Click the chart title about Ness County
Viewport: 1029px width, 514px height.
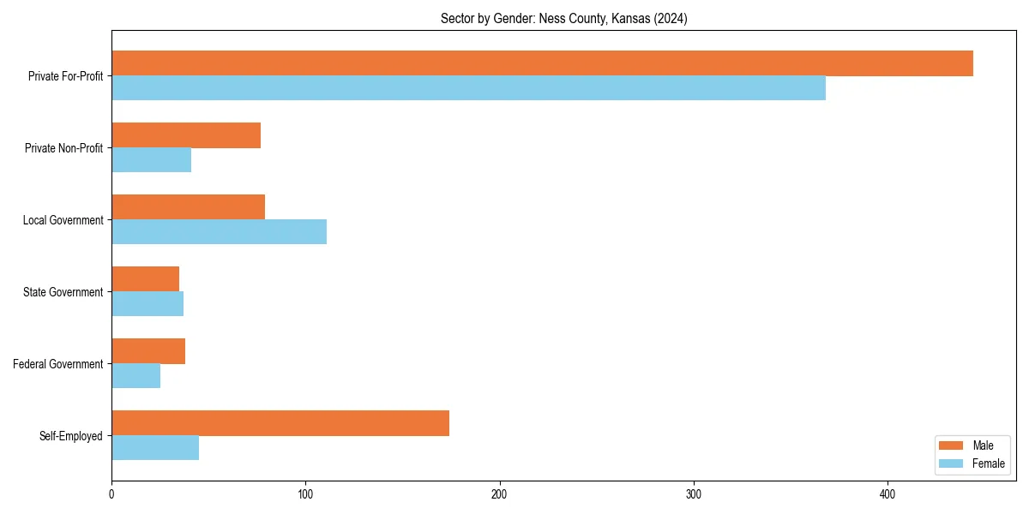tap(563, 18)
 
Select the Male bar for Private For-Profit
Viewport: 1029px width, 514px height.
tap(542, 63)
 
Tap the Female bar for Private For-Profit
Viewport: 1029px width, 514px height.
tap(468, 88)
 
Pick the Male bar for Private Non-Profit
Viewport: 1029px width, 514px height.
tap(186, 135)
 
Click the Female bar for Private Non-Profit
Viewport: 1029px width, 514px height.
tap(151, 160)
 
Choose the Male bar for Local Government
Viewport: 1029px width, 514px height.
tap(188, 207)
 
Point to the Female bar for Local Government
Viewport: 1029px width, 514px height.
tap(219, 232)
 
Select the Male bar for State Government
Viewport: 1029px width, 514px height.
tap(145, 279)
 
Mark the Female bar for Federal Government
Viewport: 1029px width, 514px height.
tap(135, 376)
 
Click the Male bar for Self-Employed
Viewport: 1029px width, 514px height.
tap(280, 423)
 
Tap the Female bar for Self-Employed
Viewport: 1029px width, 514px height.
tap(155, 448)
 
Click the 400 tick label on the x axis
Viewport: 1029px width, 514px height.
tap(888, 494)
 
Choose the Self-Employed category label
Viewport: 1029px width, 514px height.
tap(70, 436)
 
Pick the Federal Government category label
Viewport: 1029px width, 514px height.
tap(57, 364)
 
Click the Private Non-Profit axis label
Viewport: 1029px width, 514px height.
tap(63, 148)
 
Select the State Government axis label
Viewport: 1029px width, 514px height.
tap(63, 292)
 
